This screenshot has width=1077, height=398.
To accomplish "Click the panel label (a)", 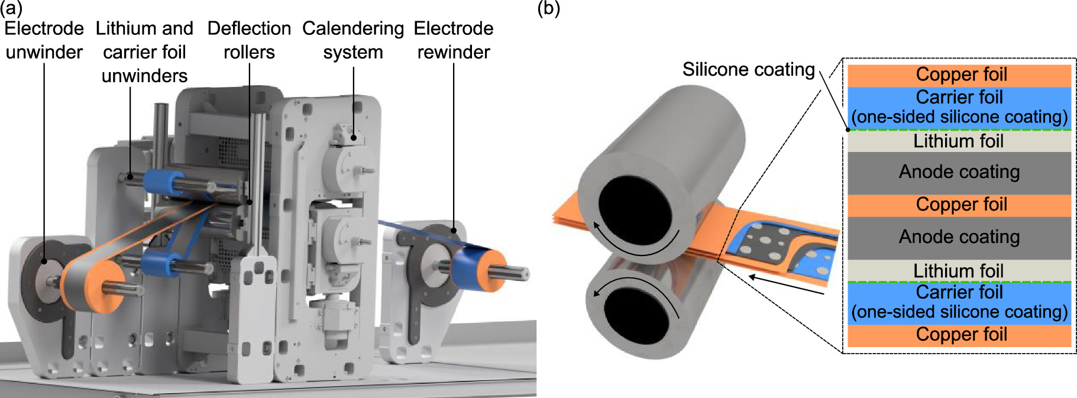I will (x=11, y=8).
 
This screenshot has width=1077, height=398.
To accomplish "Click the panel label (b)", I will (x=548, y=8).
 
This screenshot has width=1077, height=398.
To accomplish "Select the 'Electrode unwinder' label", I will (x=44, y=40).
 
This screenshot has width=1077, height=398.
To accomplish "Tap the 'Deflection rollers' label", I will (x=249, y=40).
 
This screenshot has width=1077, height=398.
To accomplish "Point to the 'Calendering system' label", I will (x=353, y=40).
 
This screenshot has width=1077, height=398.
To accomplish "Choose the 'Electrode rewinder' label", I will (x=454, y=40).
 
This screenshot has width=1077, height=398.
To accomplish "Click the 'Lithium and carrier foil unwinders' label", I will (x=144, y=52).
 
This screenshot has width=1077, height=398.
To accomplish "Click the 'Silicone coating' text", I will (x=748, y=69).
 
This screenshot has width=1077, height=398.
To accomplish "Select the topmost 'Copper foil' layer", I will (x=959, y=75).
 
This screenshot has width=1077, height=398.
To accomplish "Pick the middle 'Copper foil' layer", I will (x=959, y=205).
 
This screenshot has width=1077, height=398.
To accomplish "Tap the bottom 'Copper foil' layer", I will (x=959, y=335).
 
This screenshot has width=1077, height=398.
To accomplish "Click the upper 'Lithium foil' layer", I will (x=959, y=141).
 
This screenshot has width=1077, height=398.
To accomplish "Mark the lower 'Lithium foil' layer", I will (x=959, y=271).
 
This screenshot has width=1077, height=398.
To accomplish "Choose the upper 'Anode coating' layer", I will (x=959, y=172).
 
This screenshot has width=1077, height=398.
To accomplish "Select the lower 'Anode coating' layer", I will (x=959, y=237).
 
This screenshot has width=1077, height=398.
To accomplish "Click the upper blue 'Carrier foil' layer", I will (x=959, y=107).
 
